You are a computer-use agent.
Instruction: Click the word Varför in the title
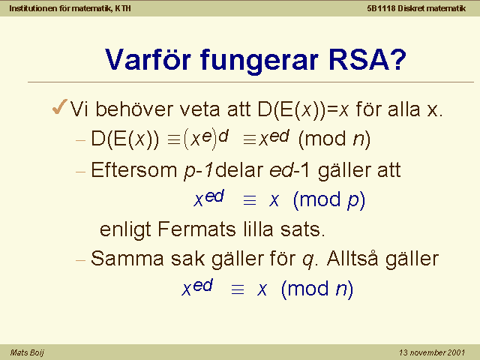coord(148,59)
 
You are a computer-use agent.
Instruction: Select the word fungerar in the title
coord(259,61)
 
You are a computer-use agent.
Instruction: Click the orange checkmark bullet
coord(60,106)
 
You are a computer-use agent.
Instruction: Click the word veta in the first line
coord(199,109)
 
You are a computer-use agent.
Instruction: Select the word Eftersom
coord(134,170)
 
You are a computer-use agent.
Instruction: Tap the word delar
coord(239,170)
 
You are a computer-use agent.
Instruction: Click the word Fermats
coord(196,229)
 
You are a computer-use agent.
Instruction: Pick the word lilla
coord(258,229)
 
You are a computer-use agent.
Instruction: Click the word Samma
coord(127,259)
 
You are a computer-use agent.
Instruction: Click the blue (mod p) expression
coord(329,201)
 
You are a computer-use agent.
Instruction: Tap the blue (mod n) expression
coord(317,289)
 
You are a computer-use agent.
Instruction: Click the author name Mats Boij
coord(27,352)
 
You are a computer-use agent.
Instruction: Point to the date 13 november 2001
coord(432,352)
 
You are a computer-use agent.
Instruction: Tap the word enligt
coord(125,230)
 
